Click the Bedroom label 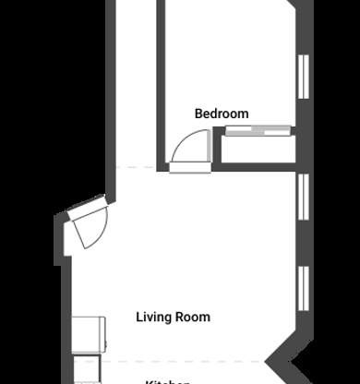pos(222,114)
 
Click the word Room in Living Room pos(194,317)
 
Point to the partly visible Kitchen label pos(168,381)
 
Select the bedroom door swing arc pos(192,148)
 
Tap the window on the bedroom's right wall pos(303,76)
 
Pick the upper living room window pos(303,196)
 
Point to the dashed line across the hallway pos(138,167)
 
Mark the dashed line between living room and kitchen pos(185,359)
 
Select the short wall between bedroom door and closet pos(218,148)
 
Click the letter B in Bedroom pos(198,114)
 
